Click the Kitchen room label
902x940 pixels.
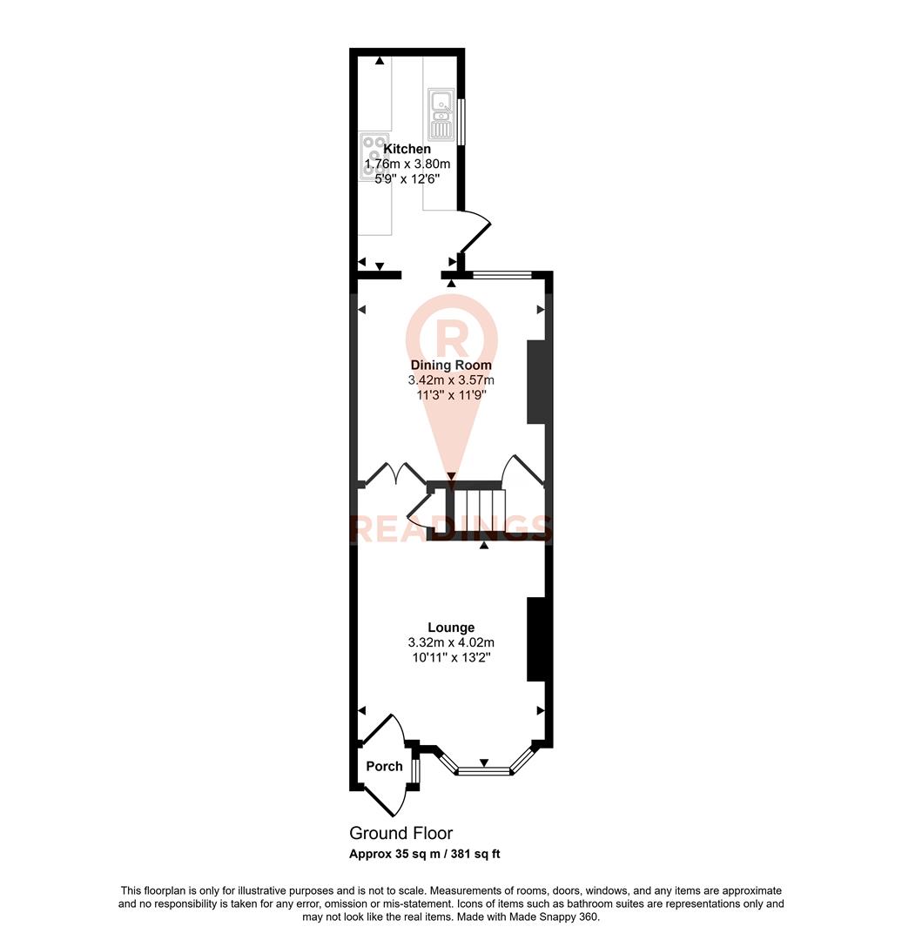(407, 149)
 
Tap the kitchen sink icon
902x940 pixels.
(441, 114)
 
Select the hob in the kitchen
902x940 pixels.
(374, 156)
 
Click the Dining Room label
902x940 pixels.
(451, 366)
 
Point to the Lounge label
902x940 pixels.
(451, 627)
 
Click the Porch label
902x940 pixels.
(384, 766)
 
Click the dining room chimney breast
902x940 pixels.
(536, 382)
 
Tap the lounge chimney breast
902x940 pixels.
(536, 639)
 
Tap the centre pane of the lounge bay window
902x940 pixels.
(484, 770)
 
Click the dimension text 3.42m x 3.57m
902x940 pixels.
(451, 380)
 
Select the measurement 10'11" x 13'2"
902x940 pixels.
(451, 657)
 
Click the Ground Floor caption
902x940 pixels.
(401, 834)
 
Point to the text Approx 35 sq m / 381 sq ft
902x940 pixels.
(425, 854)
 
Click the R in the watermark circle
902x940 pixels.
(451, 335)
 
